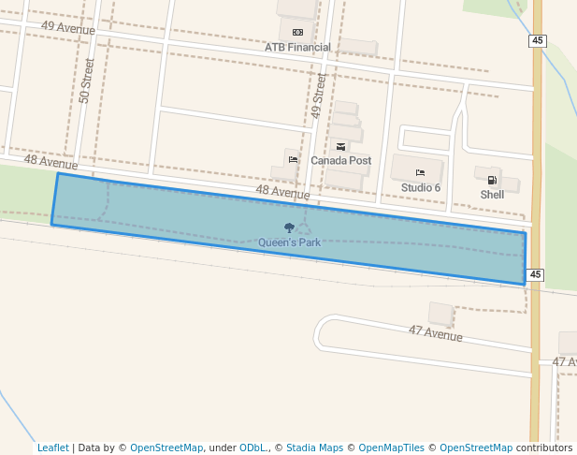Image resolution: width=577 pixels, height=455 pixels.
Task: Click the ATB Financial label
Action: tap(297, 47)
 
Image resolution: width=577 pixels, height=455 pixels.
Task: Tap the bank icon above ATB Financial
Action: tap(297, 32)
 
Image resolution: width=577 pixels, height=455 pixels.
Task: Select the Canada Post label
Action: tap(340, 161)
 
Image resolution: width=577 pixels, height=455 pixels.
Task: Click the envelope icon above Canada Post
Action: tap(340, 147)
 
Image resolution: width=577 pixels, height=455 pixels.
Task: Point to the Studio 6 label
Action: tap(420, 187)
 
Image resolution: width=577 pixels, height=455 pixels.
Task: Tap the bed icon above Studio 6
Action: tap(420, 173)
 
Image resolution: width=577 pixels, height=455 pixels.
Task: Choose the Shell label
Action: tap(492, 195)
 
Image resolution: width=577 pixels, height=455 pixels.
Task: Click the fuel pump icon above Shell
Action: tap(492, 181)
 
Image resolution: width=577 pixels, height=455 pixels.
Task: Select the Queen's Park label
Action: tap(289, 242)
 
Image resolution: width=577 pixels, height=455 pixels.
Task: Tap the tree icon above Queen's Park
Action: tap(289, 228)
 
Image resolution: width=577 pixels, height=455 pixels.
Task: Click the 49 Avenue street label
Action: tap(68, 28)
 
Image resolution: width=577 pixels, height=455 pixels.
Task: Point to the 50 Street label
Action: tap(88, 81)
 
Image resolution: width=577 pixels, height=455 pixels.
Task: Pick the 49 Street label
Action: tap(318, 96)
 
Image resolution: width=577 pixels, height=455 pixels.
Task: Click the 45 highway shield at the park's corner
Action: tap(534, 275)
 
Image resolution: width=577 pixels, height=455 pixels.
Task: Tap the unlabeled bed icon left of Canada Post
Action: tap(293, 159)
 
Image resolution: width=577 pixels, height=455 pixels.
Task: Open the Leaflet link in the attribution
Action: tap(52, 448)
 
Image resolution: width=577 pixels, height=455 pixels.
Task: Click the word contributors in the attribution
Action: tap(543, 448)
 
